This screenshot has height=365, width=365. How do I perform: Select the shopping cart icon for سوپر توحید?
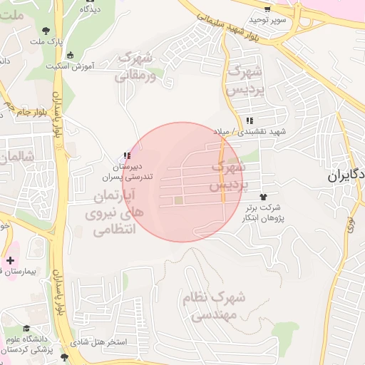[x=267, y=10]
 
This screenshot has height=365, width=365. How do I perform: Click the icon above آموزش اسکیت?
[x=70, y=55]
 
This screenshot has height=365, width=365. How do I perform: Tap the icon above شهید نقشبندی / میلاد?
[x=249, y=120]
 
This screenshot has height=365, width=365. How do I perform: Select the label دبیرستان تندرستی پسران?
[x=124, y=170]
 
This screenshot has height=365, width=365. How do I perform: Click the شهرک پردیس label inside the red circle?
[x=227, y=175]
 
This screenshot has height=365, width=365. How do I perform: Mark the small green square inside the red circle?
[x=178, y=201]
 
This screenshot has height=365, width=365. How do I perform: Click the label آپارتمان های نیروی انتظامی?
[x=115, y=212]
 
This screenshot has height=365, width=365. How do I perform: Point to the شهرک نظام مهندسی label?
[x=213, y=305]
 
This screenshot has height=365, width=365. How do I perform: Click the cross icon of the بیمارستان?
[x=10, y=260]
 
